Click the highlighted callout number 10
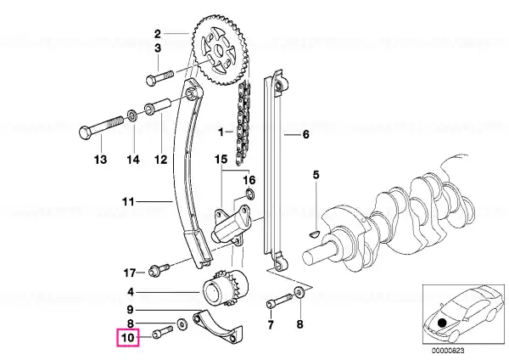tap(127, 338)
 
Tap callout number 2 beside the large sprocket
tap(158, 34)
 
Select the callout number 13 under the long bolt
tap(100, 160)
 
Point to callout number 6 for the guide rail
tap(305, 134)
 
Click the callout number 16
tap(249, 180)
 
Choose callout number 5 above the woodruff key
tap(316, 175)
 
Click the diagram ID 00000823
tap(448, 351)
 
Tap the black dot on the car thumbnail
tap(442, 323)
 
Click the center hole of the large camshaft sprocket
tap(218, 51)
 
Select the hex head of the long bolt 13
tap(86, 132)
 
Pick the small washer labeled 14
tap(131, 114)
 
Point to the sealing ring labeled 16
tap(250, 194)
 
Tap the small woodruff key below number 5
tap(314, 233)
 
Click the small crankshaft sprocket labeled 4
tap(225, 288)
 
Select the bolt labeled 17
tap(159, 270)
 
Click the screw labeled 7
tap(279, 301)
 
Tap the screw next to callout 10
tap(162, 332)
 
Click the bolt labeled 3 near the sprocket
tap(159, 77)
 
